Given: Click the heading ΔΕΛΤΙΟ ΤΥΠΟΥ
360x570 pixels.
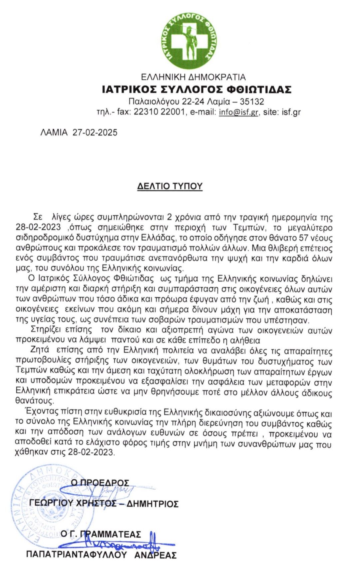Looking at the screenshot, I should click(x=170, y=186).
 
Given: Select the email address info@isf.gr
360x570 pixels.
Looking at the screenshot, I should click(x=239, y=112).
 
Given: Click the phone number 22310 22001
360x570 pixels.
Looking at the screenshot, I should click(x=159, y=112).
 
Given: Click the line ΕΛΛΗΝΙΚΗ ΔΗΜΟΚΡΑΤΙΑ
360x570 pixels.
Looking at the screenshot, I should click(x=193, y=77).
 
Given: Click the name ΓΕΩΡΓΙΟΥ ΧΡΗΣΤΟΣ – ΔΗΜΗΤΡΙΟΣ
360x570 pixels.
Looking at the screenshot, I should click(x=104, y=503).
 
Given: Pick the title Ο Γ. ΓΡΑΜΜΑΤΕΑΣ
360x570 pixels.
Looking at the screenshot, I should click(x=101, y=534).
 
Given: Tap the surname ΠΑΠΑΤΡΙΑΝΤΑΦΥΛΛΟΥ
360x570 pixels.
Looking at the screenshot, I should click(x=77, y=555).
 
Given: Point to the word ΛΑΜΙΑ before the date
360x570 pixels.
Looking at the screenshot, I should click(x=54, y=132).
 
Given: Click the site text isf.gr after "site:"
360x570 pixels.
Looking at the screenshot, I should click(x=291, y=112).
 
